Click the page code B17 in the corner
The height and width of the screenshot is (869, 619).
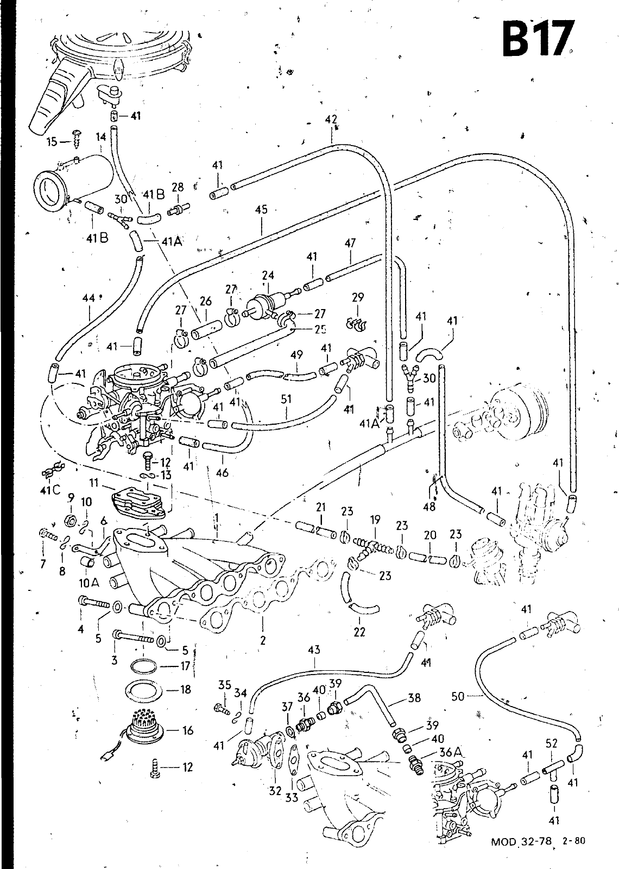click(x=538, y=40)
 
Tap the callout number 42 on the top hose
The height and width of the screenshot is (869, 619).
click(x=331, y=119)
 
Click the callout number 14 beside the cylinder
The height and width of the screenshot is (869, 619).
click(x=101, y=138)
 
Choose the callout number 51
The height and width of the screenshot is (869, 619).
click(x=286, y=399)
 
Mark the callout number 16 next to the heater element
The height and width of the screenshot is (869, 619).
click(x=188, y=731)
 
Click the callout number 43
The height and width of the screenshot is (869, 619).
click(x=314, y=650)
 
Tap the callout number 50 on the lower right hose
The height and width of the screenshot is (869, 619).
click(x=458, y=696)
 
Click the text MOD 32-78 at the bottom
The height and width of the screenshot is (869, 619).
click(x=521, y=842)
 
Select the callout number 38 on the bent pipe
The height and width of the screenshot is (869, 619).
click(x=414, y=697)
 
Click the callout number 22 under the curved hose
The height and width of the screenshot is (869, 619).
click(x=359, y=632)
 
